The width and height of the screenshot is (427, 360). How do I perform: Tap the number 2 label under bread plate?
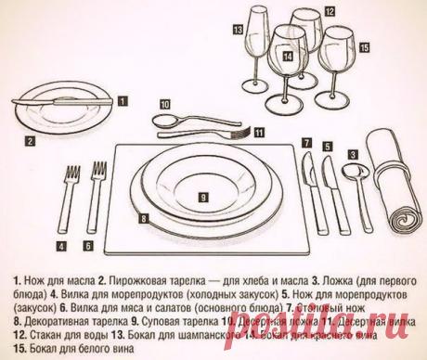(30, 142)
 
